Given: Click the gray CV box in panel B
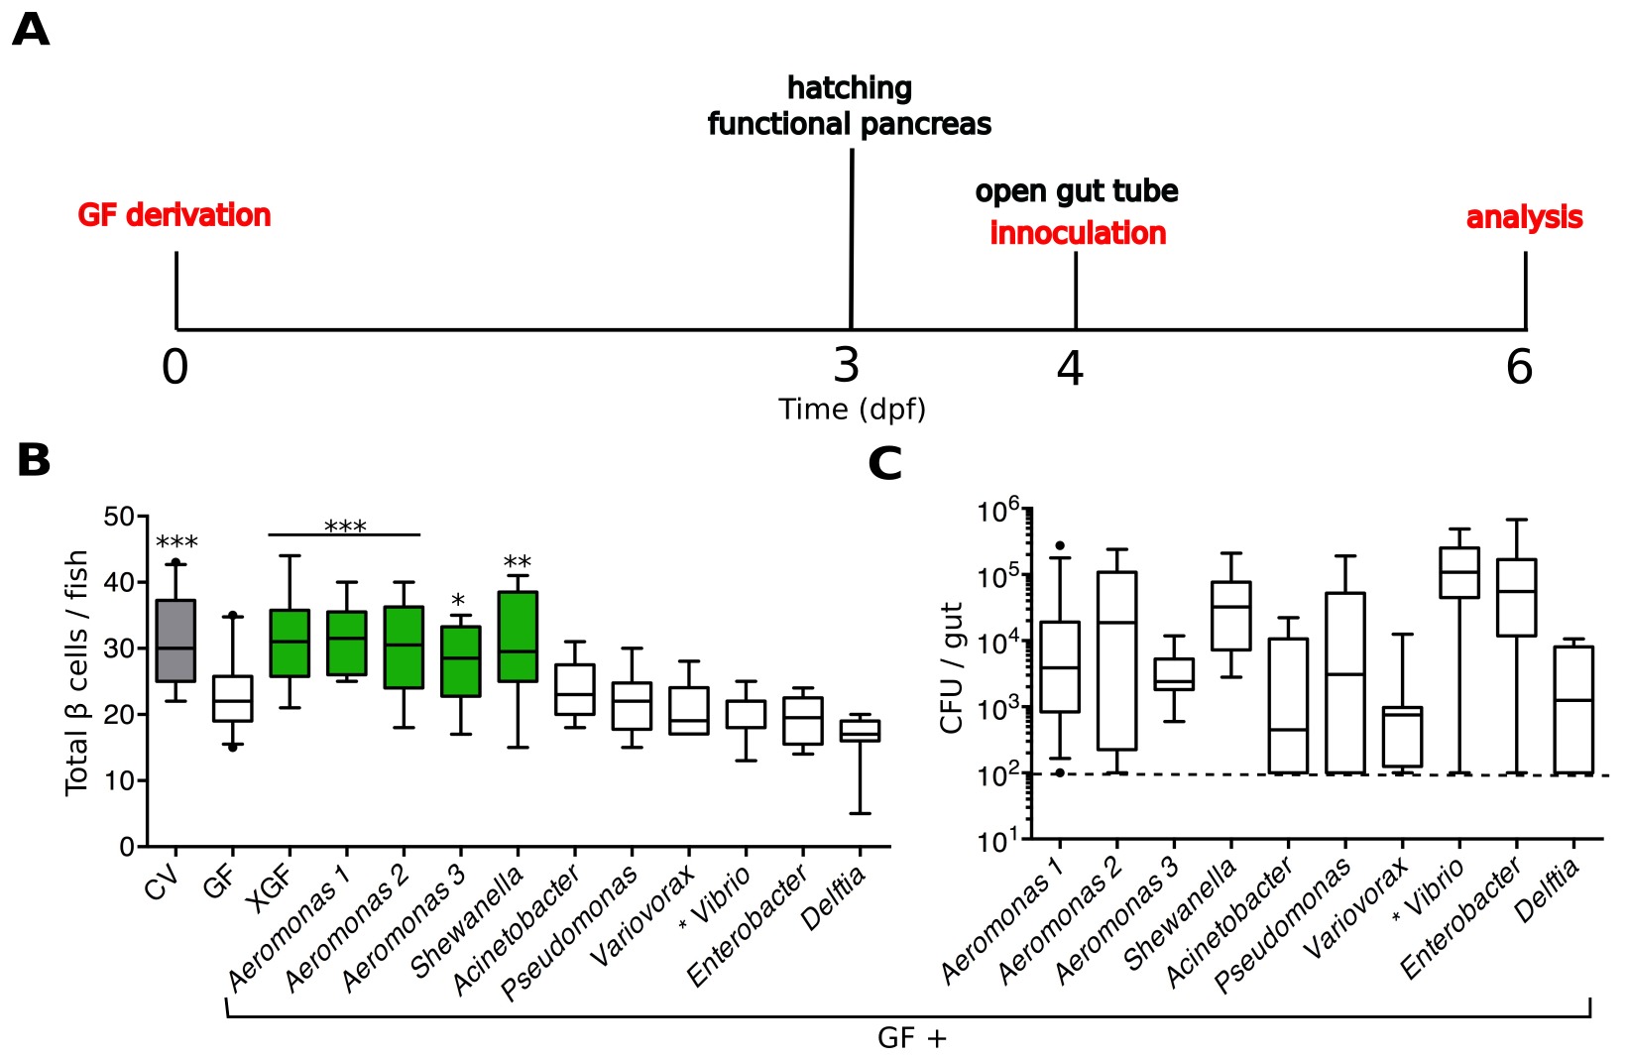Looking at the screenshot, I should point(175,641).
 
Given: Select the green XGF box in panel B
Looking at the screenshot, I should point(290,644).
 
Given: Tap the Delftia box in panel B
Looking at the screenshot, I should point(860,731).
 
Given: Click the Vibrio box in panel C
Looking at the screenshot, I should point(1458,573).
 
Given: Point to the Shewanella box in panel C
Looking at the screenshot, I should point(1231,616).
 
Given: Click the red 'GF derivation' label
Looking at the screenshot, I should point(174,215).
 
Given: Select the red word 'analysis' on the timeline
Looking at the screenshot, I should point(1524,217).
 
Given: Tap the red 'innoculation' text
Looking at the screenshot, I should point(1078,234).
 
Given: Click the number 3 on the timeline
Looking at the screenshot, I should point(846,365).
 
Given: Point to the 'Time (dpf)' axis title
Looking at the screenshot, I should point(852,410).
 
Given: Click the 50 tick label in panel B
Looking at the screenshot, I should point(119,517).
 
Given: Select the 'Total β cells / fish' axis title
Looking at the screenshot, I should point(76,673).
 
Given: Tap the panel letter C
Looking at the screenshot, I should point(884,463).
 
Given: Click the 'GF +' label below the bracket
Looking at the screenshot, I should point(912,1038).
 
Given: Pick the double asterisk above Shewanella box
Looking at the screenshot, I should point(517,563).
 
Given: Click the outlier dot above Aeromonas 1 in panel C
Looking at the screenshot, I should point(1060,545).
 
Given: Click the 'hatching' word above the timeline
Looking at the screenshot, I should point(850,88).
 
